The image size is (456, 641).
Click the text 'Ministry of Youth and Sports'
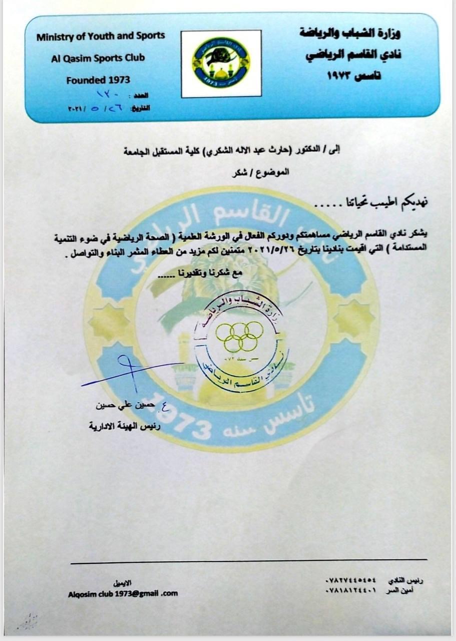coord(101,36)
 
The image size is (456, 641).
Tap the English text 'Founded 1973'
coord(98,80)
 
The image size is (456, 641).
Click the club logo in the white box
coord(221,63)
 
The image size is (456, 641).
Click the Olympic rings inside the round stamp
coord(240,336)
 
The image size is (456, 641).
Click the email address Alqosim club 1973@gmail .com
coord(123,593)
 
